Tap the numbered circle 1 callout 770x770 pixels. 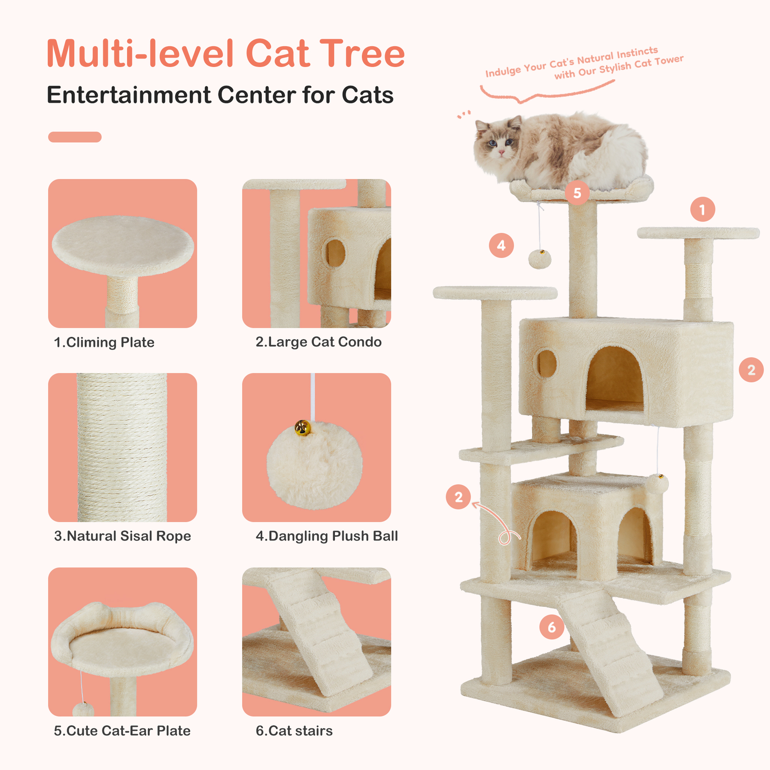point(702,209)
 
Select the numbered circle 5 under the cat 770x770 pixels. point(577,193)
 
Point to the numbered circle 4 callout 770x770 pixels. point(501,245)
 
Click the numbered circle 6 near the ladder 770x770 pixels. point(552,627)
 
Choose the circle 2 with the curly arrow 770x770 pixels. point(459,497)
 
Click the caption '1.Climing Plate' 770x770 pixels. point(104,342)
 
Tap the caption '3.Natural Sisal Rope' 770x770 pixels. point(122,536)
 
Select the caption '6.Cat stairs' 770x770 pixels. point(294,731)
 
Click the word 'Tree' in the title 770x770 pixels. point(362,53)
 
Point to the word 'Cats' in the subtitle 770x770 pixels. point(368,95)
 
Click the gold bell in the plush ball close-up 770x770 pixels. point(302,427)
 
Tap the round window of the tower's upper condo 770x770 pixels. point(547,364)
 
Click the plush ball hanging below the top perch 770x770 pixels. point(540,259)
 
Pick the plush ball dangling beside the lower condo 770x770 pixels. point(658,483)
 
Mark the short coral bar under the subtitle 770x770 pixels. point(75,137)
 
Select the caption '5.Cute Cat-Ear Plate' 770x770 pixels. point(122,731)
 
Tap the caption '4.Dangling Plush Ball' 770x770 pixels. point(327,536)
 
